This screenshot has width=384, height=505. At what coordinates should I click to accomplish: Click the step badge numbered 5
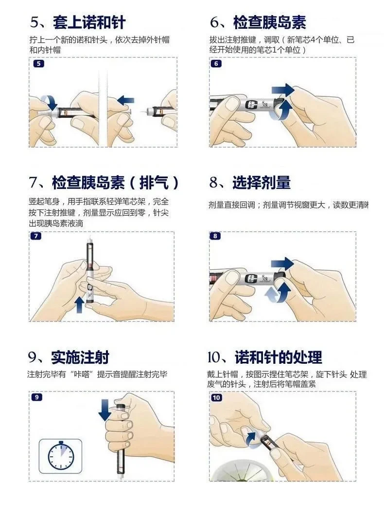coord(38,63)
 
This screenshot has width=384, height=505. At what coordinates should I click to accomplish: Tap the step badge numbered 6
coord(216,63)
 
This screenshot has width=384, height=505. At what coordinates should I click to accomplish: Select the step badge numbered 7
coord(35,236)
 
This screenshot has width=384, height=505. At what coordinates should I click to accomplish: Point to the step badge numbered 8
coord(215,236)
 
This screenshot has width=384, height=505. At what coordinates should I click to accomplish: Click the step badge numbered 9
coord(36,397)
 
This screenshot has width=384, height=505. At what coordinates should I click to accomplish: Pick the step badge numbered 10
coord(216,397)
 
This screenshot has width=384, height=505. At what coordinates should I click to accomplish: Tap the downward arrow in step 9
coord(105,410)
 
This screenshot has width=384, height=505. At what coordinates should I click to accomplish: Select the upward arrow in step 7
coord(79,305)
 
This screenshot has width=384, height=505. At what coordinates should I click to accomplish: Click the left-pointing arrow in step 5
coord(125,100)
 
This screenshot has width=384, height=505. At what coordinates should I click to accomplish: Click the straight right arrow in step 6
coord(283,90)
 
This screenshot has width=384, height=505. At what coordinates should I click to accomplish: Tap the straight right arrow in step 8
coord(282,264)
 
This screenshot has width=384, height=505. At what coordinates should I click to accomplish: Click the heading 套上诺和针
coord(89,22)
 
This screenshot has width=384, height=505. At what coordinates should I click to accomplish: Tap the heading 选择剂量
coord(262,182)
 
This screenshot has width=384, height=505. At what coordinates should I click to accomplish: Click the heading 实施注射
coord(80,357)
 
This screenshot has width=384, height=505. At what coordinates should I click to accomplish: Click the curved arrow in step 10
coord(252,439)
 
